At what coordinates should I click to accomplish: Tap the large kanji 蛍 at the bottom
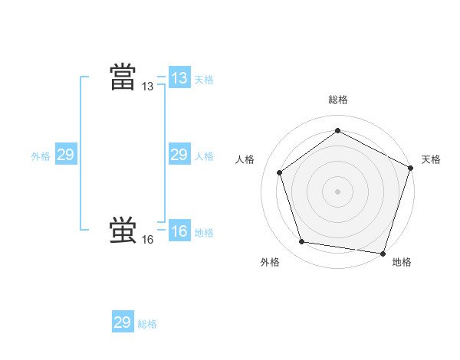[x=123, y=231]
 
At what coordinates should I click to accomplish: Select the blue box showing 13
[x=179, y=78]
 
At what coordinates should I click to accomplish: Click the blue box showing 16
[x=179, y=231]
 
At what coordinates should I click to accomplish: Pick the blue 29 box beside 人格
[x=179, y=155]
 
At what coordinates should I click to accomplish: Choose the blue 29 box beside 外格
[x=66, y=155]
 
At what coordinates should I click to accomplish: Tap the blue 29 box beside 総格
[x=123, y=322]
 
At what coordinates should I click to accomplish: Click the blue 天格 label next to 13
[x=204, y=79]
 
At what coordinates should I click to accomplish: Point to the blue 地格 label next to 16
[x=204, y=233]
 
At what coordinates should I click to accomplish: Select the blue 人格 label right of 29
[x=204, y=156]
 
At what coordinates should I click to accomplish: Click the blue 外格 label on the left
[x=41, y=156]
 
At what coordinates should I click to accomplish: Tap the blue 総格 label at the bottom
[x=147, y=324]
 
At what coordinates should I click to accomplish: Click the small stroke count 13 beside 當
[x=148, y=87]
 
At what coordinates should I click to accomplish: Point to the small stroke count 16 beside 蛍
[x=148, y=240]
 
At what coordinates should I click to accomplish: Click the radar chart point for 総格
[x=337, y=130]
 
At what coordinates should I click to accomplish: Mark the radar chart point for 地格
[x=383, y=253]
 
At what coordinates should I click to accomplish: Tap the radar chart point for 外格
[x=302, y=242]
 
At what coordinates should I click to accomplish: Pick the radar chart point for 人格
[x=280, y=172]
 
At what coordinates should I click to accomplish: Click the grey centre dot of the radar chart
[x=337, y=191]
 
